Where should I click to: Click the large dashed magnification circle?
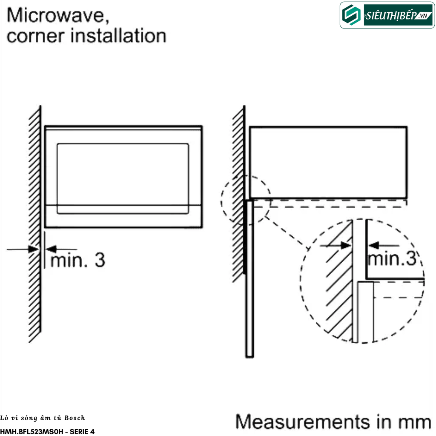362,281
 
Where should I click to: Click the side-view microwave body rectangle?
328,162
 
